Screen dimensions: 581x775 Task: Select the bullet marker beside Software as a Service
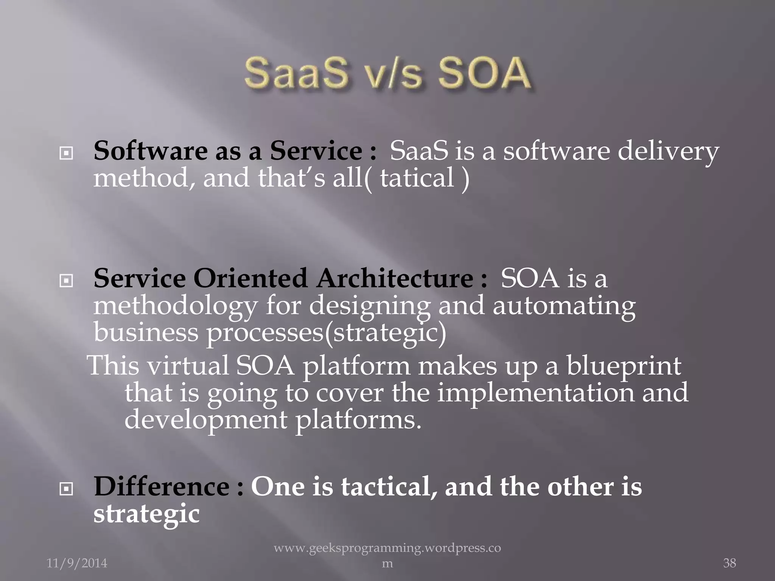[x=66, y=153]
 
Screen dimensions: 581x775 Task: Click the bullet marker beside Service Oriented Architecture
[x=66, y=281]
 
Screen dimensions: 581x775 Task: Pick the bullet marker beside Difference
[x=66, y=489]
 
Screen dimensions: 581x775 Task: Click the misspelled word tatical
[x=417, y=178]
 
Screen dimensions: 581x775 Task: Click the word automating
[x=564, y=306]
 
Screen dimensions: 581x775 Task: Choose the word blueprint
[x=624, y=366]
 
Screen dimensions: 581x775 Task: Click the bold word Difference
[x=162, y=486]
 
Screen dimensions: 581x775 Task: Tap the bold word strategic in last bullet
[x=146, y=514]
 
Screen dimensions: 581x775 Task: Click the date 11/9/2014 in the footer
[x=77, y=563]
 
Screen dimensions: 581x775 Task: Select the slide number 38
[x=729, y=563]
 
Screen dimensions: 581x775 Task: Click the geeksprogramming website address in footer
[x=387, y=548]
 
